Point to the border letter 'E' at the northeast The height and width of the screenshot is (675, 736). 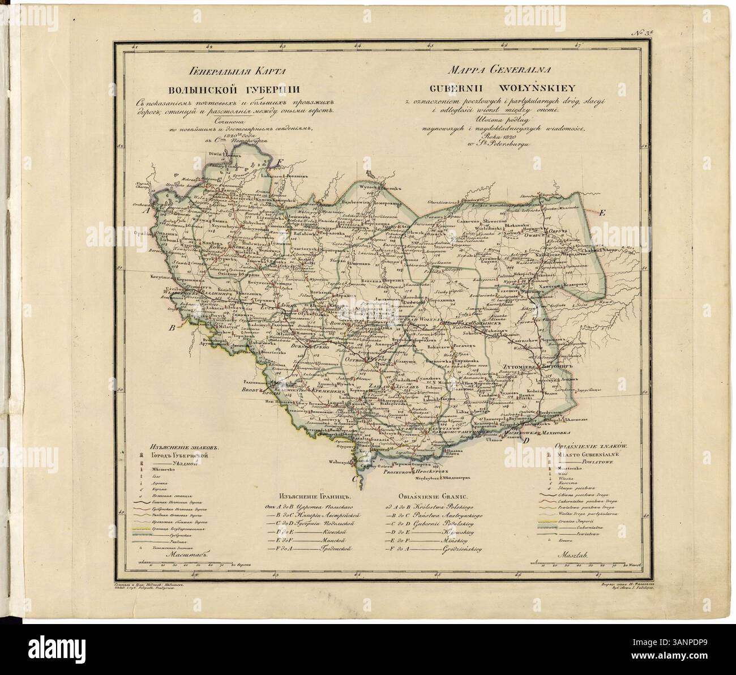click(602, 213)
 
